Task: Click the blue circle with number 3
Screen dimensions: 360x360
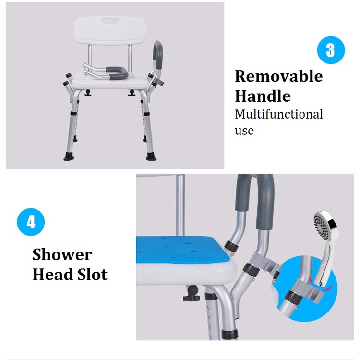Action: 331,50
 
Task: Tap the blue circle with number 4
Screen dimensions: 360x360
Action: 31,222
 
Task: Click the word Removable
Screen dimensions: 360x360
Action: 279,76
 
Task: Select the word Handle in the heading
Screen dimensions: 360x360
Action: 263,96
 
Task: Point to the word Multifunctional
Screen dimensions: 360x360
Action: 279,114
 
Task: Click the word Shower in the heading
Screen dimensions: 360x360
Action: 62,254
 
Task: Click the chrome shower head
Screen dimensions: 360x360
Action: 324,248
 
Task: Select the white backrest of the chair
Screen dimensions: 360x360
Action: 110,31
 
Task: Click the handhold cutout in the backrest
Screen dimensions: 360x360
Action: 110,22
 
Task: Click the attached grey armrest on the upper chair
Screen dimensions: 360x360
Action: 158,58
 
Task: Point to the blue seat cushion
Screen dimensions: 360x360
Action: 179,250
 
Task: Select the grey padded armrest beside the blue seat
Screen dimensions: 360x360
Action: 255,202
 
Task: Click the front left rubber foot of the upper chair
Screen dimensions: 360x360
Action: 69,156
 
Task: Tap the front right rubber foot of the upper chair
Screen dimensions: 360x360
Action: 151,156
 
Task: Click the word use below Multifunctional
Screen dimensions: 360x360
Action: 244,131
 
